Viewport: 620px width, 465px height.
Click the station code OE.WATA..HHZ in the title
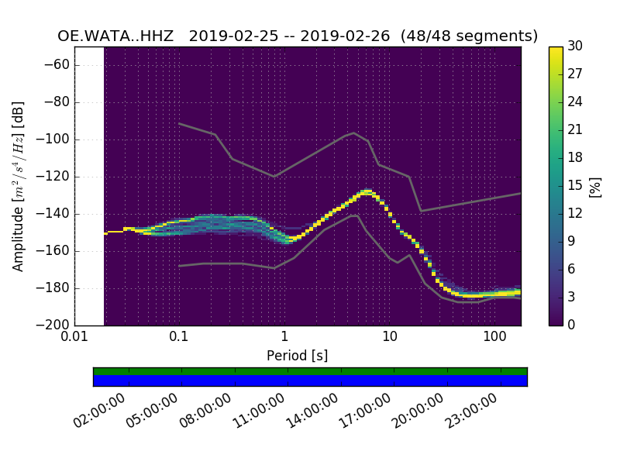click(118, 36)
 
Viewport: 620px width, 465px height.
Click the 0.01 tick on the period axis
click(74, 337)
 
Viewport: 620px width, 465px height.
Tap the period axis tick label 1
click(284, 337)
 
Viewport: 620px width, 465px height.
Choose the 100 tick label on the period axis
click(494, 337)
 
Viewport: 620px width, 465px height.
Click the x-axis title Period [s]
click(297, 356)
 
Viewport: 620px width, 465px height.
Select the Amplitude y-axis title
click(18, 186)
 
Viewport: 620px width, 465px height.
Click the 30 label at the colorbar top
click(574, 46)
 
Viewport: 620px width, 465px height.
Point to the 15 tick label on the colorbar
click(574, 185)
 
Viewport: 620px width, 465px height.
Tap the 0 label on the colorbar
click(570, 325)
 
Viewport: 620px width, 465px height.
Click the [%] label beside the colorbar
click(595, 186)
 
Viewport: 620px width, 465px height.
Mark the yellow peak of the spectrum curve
click(365, 191)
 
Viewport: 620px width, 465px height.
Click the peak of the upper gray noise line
click(354, 133)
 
